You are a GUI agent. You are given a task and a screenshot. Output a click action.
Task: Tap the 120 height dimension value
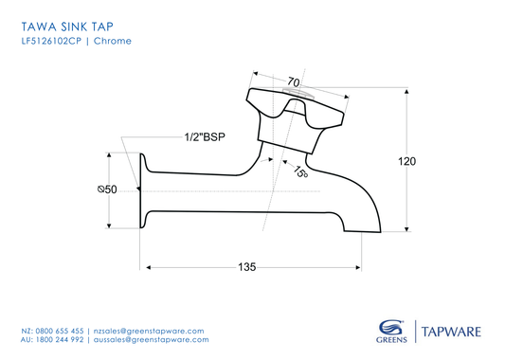click(x=406, y=162)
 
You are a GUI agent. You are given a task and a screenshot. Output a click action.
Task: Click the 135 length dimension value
click(x=246, y=268)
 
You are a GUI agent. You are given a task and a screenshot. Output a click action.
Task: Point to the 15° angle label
click(x=299, y=172)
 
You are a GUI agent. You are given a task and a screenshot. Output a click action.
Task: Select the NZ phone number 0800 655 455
click(x=60, y=328)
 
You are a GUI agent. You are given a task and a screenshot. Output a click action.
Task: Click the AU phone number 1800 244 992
click(x=60, y=338)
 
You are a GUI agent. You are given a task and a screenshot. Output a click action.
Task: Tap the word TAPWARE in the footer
click(x=452, y=331)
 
